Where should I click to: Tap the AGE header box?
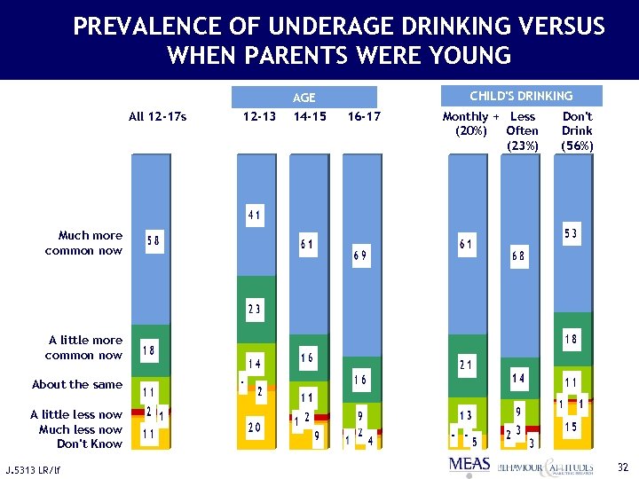coord(304,98)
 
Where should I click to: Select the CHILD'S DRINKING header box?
coord(521,96)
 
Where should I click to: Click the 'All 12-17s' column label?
coord(157,116)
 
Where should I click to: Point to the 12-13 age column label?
coord(259,116)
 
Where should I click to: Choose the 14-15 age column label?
coord(310,116)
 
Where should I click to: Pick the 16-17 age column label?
coord(364,116)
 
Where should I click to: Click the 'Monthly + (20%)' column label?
coord(470,123)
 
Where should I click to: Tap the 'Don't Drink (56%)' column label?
coord(577,130)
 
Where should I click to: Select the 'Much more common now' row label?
coord(84,243)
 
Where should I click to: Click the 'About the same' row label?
coord(77,385)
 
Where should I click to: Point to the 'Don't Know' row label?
coord(90,444)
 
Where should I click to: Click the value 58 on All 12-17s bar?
coord(154,241)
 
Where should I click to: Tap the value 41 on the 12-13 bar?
coord(255,216)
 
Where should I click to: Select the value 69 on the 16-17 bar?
coord(360,255)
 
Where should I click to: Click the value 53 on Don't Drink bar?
coord(572,233)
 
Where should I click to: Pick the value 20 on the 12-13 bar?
coord(255,428)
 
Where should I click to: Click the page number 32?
coord(622,466)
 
